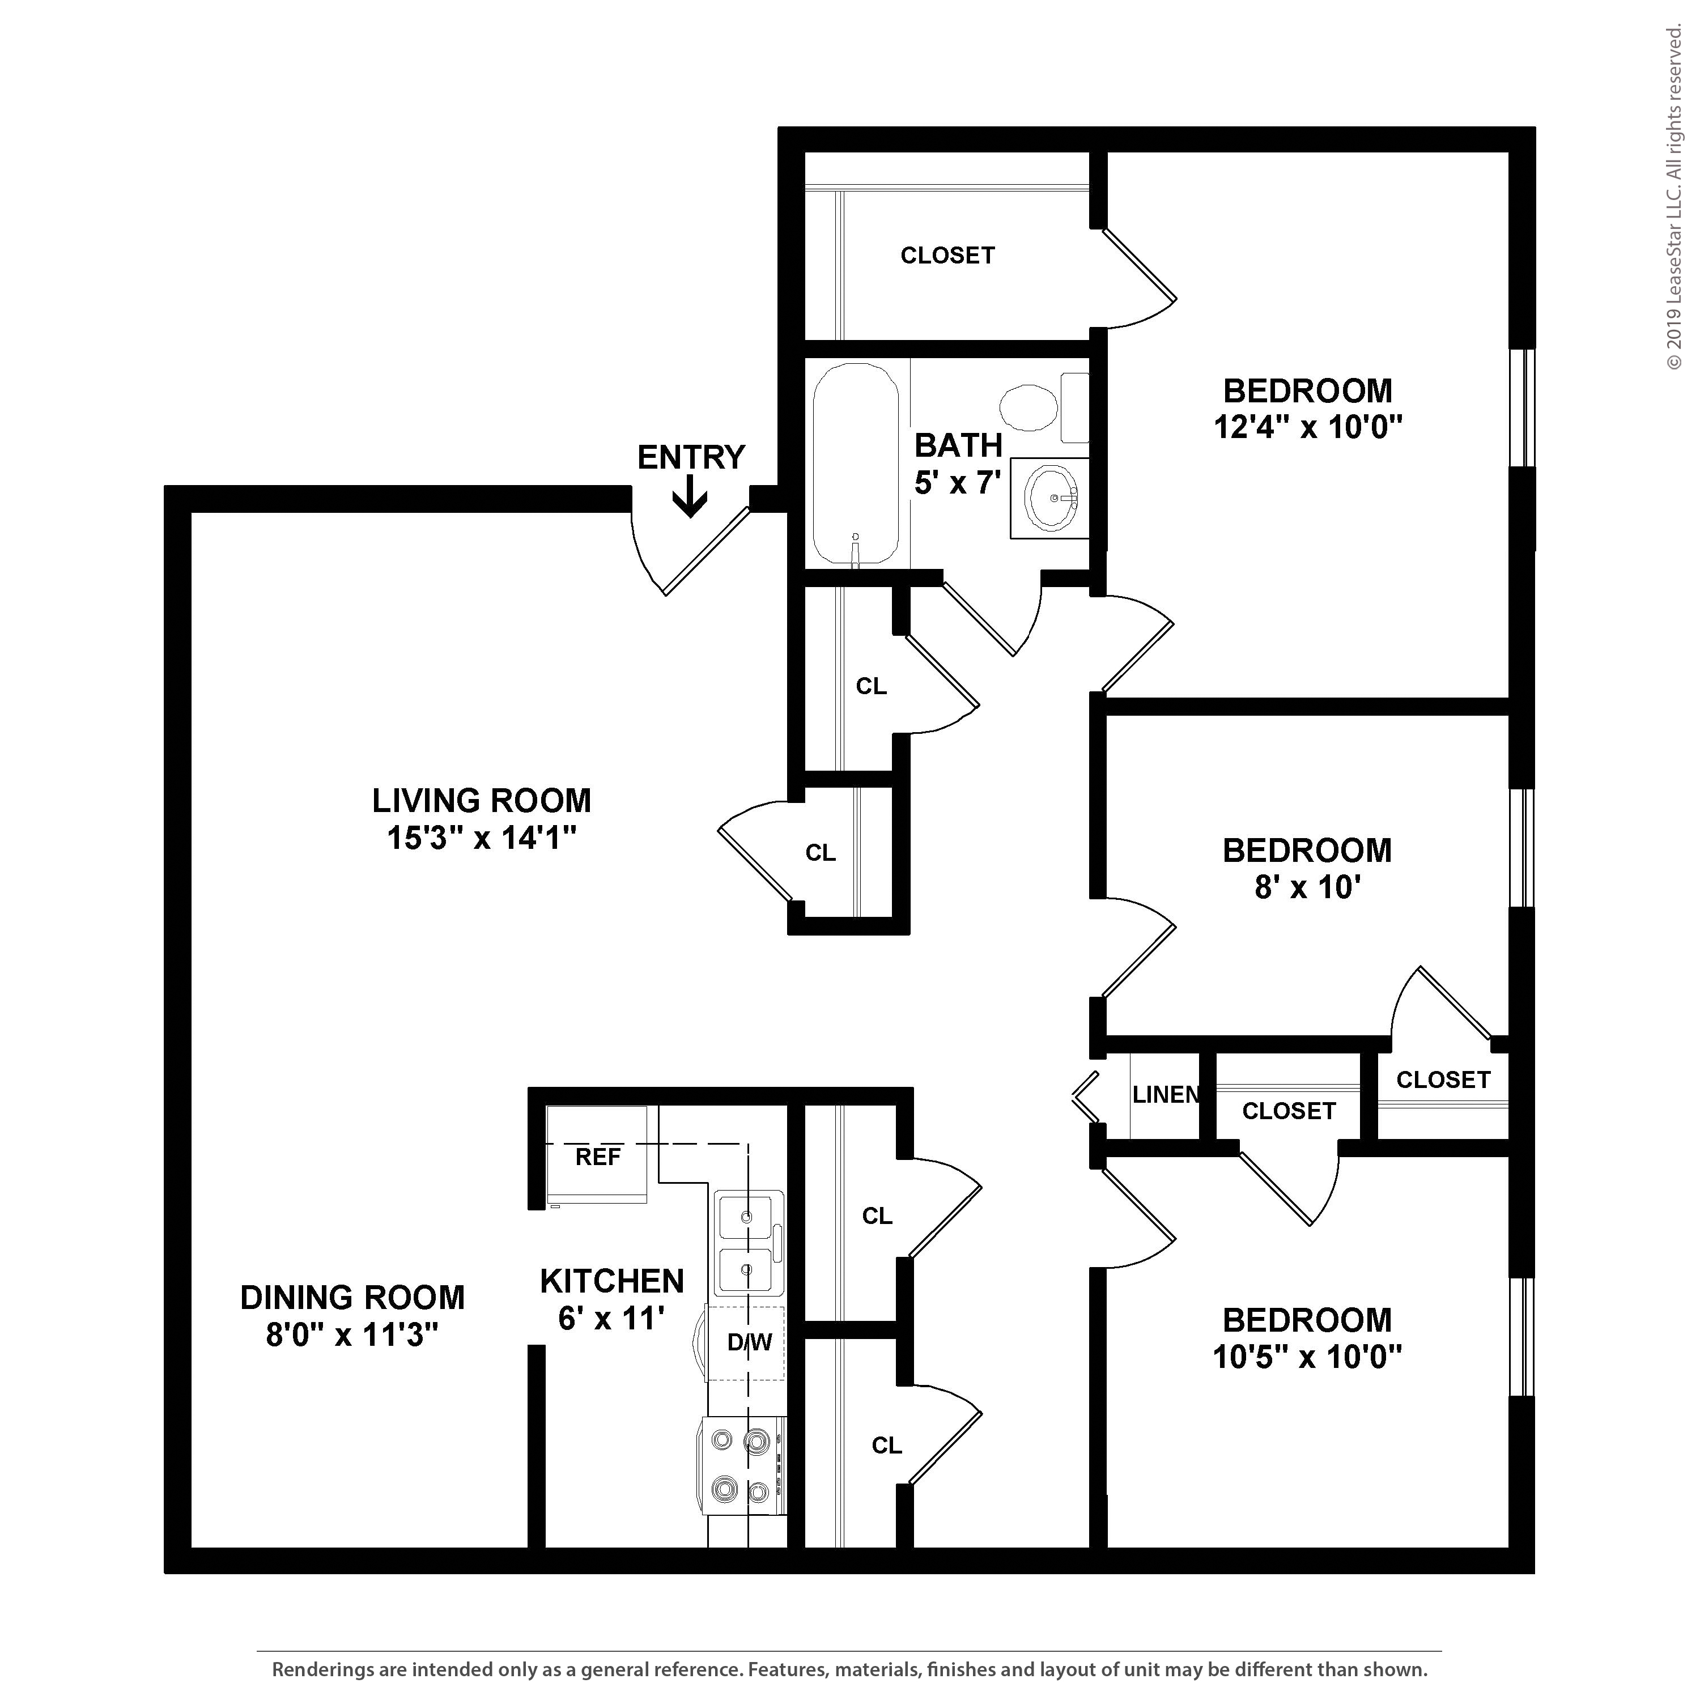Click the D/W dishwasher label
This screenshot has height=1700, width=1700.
[750, 1342]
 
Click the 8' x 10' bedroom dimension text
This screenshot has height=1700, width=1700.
[1307, 887]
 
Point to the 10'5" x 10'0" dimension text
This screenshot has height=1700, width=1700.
[1307, 1357]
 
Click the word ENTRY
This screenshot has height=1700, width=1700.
[691, 457]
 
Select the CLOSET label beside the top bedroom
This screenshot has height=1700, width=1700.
[947, 255]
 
